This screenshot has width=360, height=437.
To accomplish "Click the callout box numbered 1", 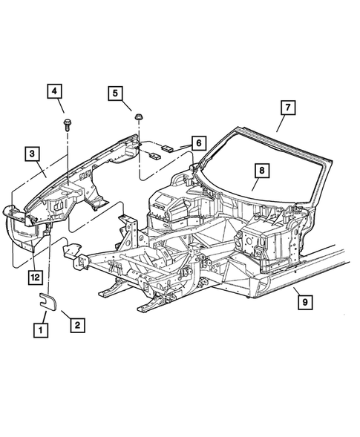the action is pyautogui.click(x=41, y=330).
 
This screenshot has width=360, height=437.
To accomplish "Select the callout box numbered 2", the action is pyautogui.click(x=77, y=325).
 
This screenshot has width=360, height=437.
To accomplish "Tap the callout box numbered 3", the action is pyautogui.click(x=33, y=154).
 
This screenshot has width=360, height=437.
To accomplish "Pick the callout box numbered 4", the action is pyautogui.click(x=54, y=91).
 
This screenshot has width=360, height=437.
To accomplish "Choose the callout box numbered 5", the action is pyautogui.click(x=116, y=93).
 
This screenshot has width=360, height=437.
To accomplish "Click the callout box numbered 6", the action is pyautogui.click(x=198, y=143).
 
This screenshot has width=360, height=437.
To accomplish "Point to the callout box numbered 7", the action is pyautogui.click(x=288, y=108).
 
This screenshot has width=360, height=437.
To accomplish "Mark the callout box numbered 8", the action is pyautogui.click(x=262, y=171).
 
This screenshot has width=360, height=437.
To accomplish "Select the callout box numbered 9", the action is pyautogui.click(x=305, y=301).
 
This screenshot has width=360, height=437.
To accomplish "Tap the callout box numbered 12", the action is pyautogui.click(x=36, y=277).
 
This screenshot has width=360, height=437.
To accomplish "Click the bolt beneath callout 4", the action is pyautogui.click(x=67, y=125).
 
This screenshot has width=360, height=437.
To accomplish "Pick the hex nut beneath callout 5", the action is pyautogui.click(x=138, y=117).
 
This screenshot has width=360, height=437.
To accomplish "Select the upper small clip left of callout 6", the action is pyautogui.click(x=167, y=148).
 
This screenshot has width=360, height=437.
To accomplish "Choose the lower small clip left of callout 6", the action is pyautogui.click(x=155, y=156).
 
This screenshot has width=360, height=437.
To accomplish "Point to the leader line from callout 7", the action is pyautogui.click(x=281, y=123).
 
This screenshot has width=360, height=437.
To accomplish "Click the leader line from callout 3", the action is pyautogui.click(x=41, y=169).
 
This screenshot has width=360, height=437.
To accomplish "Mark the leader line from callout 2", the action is pyautogui.click(x=66, y=315).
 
